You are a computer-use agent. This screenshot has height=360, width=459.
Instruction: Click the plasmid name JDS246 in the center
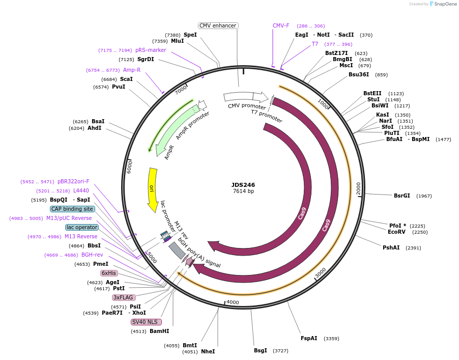(x=243, y=185)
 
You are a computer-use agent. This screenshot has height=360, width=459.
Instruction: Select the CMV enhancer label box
(x=218, y=25)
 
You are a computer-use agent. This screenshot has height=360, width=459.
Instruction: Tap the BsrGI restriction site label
(x=401, y=196)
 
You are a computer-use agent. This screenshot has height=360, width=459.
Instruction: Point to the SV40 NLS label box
(x=147, y=322)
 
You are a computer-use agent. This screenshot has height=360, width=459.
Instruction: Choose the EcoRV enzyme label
(x=396, y=232)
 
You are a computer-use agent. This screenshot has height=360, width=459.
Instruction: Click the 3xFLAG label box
(x=124, y=297)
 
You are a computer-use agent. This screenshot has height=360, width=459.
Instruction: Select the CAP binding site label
(x=72, y=209)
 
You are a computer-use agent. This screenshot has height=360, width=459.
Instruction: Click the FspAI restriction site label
(x=309, y=338)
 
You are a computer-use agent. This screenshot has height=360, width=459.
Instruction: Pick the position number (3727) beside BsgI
(x=280, y=351)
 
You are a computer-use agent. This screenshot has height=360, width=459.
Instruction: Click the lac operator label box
(x=81, y=227)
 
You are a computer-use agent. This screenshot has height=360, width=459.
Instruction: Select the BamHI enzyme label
(x=159, y=331)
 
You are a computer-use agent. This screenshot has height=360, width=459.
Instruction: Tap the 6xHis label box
(x=109, y=273)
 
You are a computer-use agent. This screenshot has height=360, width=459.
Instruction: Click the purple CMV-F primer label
(x=281, y=25)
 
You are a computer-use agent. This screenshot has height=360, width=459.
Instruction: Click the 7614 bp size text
(x=243, y=191)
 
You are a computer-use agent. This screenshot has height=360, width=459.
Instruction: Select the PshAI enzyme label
(x=391, y=248)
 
